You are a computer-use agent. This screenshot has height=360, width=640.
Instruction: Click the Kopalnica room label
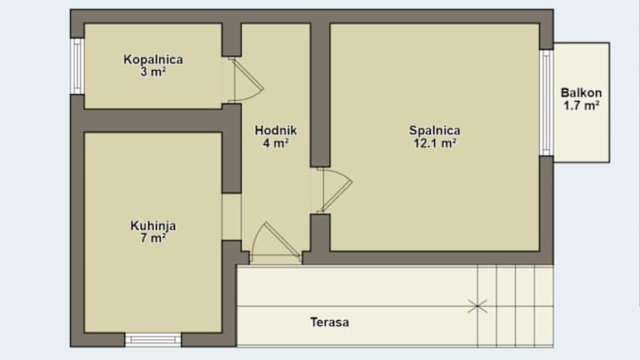(x=153, y=60)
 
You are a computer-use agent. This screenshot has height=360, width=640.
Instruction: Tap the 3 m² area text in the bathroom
(x=153, y=72)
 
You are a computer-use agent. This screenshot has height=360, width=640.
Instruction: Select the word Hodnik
(x=276, y=131)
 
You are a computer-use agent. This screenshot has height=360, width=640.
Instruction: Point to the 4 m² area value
(x=276, y=143)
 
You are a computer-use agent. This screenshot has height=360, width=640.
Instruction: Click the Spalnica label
(x=435, y=131)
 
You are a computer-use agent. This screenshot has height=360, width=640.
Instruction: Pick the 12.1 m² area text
(x=435, y=143)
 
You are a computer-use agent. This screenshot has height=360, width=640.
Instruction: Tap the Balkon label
(x=581, y=92)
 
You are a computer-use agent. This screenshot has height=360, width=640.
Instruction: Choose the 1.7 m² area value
(x=581, y=106)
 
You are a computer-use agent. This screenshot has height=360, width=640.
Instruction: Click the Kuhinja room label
(x=153, y=226)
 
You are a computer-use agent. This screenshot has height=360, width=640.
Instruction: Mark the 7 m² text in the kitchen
(x=153, y=238)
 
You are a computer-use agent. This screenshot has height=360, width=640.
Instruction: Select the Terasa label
(x=329, y=322)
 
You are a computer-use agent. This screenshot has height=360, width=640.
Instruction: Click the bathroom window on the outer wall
(x=77, y=66)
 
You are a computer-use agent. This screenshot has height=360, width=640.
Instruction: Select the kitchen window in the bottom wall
(x=153, y=340)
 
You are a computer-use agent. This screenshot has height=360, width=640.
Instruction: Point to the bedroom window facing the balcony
(x=547, y=102)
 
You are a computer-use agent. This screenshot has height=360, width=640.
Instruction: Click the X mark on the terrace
(x=477, y=306)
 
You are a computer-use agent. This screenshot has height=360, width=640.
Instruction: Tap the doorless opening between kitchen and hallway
(x=232, y=217)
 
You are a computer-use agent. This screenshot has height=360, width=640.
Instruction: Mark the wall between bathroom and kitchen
(x=153, y=121)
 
